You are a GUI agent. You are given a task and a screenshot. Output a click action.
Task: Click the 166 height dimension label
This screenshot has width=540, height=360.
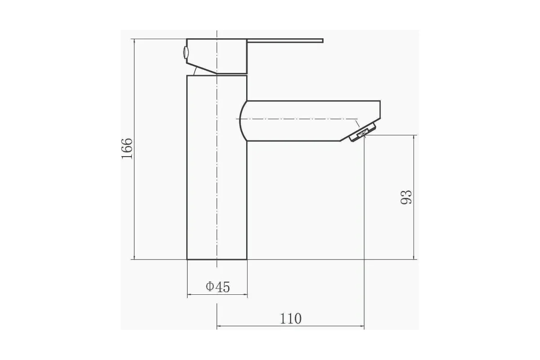point(127,148)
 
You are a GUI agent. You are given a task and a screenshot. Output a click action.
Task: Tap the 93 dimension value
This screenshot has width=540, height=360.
point(406,197)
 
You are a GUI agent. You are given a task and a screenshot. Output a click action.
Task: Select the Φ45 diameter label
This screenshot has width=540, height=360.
point(218,287)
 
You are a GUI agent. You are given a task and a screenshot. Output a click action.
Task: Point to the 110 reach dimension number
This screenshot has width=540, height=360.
point(291,319)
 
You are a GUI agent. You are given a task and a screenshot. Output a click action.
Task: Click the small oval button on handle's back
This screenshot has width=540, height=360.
point(185,52)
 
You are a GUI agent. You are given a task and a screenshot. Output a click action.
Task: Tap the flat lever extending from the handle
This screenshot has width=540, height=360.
point(285,40)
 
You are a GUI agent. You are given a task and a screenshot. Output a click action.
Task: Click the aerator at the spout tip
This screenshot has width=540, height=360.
point(363,132)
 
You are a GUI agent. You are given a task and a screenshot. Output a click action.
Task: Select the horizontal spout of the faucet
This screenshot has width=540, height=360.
point(310,121)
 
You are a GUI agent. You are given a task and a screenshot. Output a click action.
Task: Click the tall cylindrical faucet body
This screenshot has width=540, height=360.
point(217,167)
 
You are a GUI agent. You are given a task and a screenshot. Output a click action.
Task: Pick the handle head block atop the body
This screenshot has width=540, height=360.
point(217,56)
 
